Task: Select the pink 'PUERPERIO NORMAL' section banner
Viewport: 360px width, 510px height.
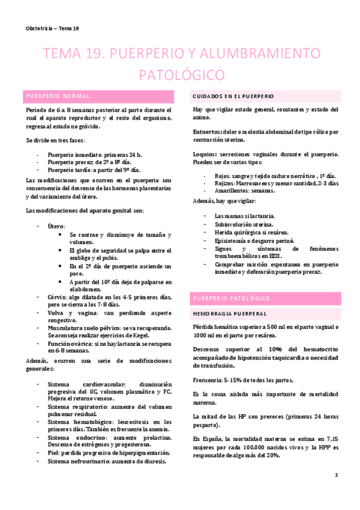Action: coord(99,96)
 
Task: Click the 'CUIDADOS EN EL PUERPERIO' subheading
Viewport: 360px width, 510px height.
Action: coord(233,96)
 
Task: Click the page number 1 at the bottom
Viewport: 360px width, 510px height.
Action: coord(337,475)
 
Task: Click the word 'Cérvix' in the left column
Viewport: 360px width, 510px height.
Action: coord(57,296)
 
